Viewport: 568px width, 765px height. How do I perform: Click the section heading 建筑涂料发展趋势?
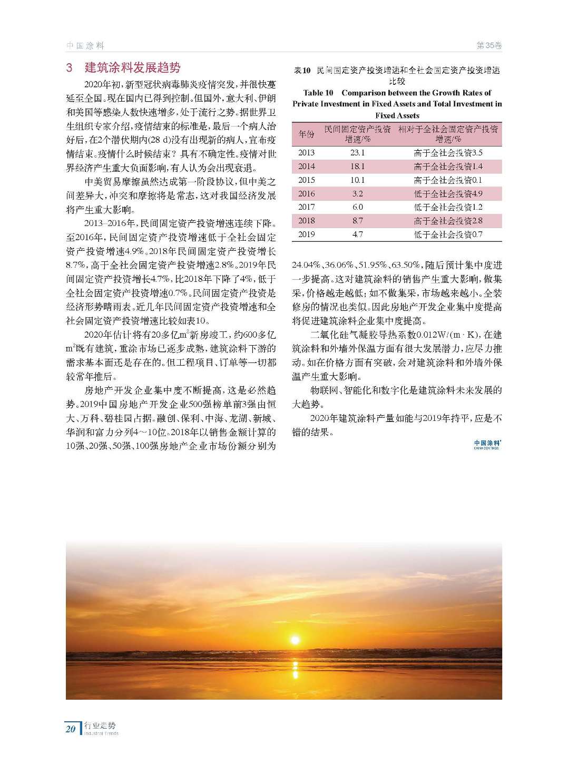click(x=132, y=67)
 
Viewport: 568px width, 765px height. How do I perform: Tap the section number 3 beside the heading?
click(x=70, y=68)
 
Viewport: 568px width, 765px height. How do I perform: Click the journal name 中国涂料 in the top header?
click(x=85, y=46)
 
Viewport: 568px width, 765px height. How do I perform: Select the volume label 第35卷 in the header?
click(x=488, y=46)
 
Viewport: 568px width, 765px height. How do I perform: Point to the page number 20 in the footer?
click(x=71, y=729)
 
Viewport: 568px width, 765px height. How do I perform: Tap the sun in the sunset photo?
click(x=295, y=640)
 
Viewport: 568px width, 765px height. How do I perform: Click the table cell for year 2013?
click(x=306, y=153)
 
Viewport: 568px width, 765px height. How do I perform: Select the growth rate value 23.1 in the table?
click(x=357, y=153)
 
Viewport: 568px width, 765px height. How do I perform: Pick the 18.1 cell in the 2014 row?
click(x=357, y=166)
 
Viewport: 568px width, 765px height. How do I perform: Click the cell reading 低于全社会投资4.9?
click(x=448, y=194)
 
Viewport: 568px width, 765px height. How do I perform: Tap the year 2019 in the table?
click(x=306, y=234)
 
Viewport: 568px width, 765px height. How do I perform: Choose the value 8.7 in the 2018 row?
click(x=357, y=221)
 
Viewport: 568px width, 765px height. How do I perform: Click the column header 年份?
click(x=306, y=134)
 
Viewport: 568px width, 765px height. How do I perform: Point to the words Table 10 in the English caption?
click(x=318, y=93)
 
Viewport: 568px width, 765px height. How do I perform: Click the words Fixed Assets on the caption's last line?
click(x=397, y=115)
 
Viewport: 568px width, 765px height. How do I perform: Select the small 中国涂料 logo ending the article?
click(x=486, y=445)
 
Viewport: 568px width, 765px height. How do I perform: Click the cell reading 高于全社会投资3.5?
click(x=448, y=153)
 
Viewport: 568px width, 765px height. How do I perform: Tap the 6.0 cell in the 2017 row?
click(x=357, y=207)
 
